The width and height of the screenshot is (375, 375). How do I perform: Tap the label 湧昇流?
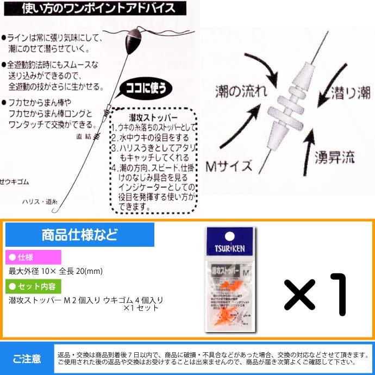point(334,158)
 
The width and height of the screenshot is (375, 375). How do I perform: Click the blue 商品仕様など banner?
point(79,236)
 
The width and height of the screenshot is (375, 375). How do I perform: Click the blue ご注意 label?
point(26,358)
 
